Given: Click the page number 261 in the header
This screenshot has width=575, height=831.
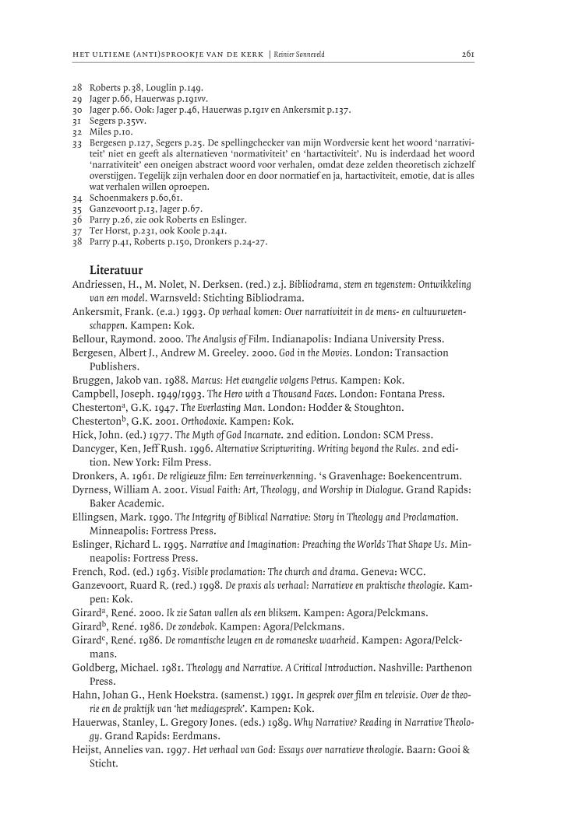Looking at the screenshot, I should coord(467,54).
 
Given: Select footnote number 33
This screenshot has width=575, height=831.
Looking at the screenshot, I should coord(77,143).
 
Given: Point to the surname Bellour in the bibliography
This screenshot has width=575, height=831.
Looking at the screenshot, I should coord(90,340).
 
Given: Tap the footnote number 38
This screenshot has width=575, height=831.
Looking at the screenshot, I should coord(77,242).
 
